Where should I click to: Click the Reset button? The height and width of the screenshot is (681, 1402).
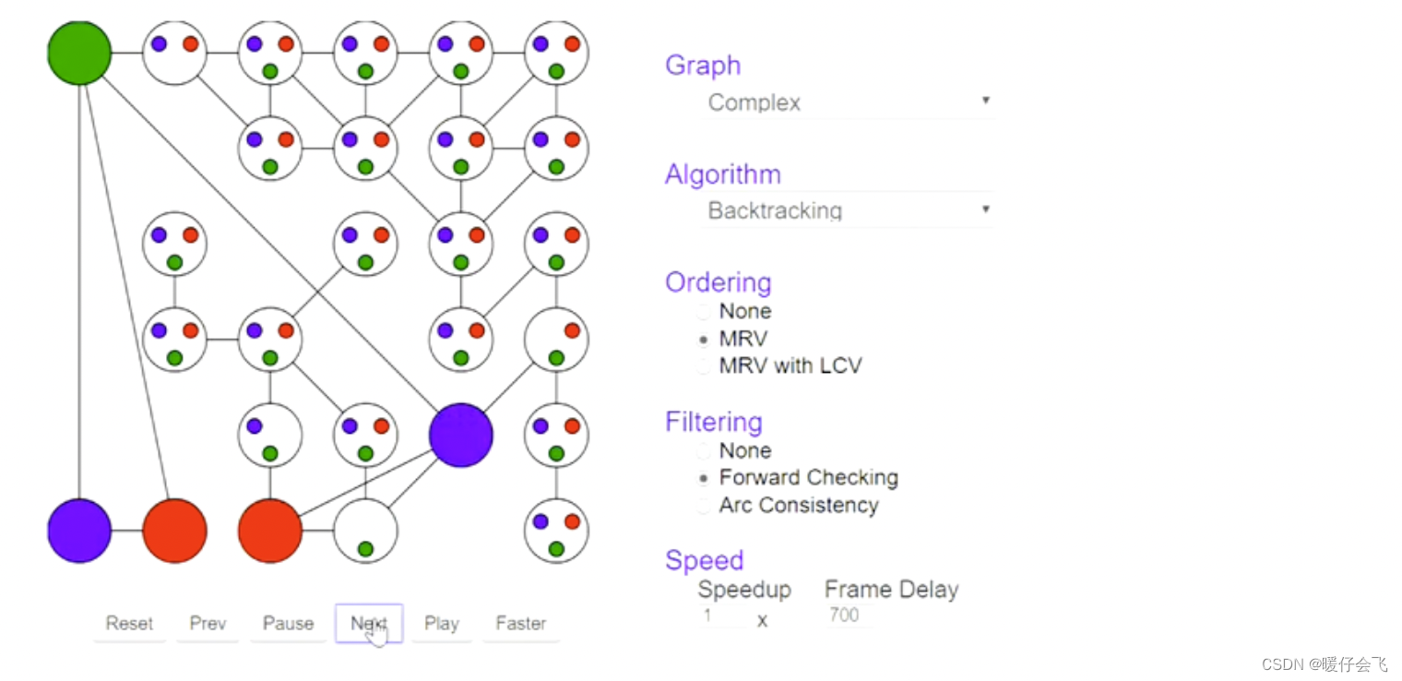129,624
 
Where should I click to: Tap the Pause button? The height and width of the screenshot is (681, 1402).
288,624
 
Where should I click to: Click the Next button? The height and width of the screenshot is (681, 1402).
368,624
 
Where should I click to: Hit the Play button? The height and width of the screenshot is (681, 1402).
441,624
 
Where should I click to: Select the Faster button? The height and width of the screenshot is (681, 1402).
520,624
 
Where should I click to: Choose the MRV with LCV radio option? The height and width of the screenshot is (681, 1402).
705,366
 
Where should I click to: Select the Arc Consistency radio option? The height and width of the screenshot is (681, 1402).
705,506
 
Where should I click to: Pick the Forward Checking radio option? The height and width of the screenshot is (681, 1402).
705,478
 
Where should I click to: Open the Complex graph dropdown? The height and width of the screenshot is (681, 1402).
847,102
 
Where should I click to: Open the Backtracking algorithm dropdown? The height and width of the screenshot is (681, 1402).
847,210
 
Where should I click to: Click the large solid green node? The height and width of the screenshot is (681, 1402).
80,53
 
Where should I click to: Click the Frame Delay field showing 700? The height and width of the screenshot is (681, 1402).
845,615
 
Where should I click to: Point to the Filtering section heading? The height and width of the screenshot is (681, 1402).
713,422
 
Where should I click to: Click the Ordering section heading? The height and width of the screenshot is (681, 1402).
718,282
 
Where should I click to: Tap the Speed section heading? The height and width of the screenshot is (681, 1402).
704,560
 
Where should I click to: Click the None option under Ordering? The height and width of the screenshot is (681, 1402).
705,312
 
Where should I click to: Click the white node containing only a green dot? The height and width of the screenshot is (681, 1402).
365,531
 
